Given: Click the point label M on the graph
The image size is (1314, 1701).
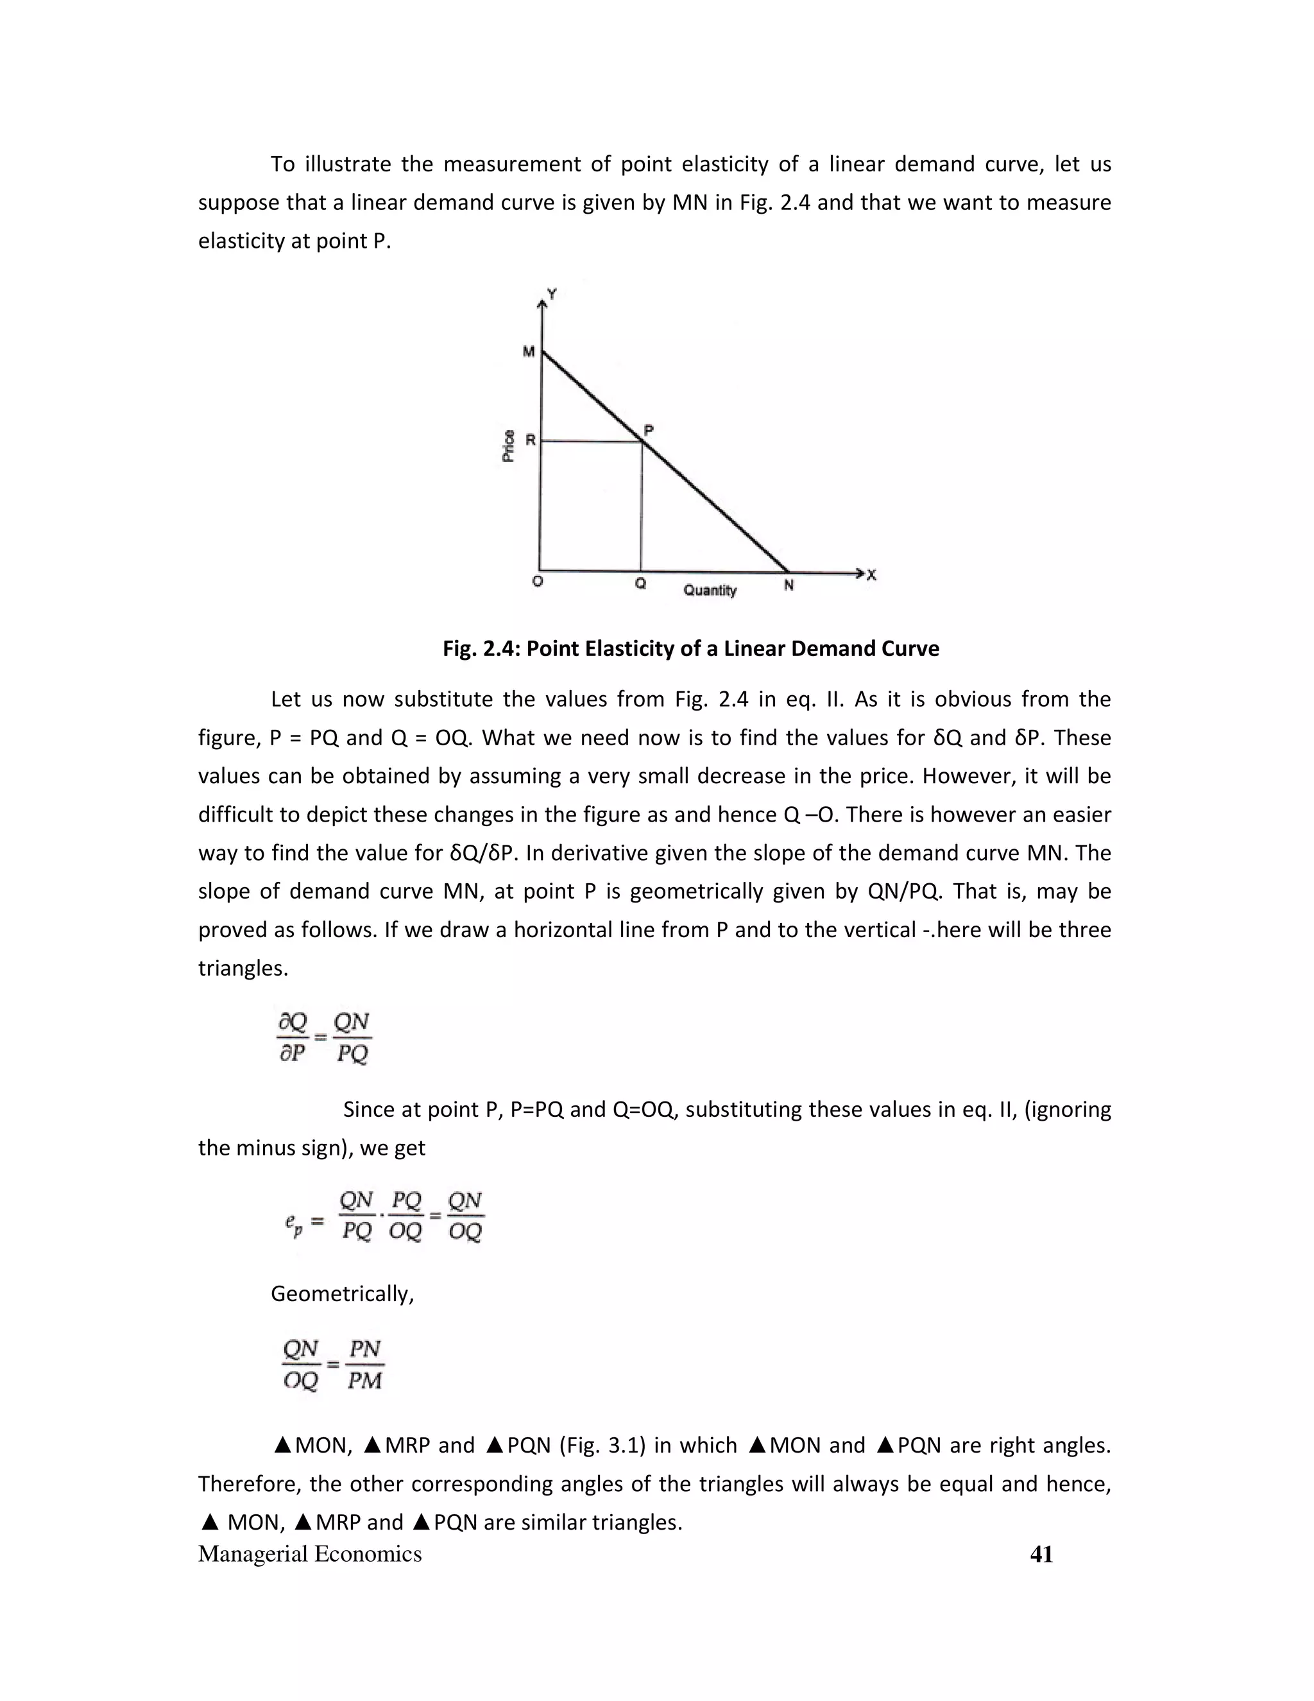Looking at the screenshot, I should coord(529,352).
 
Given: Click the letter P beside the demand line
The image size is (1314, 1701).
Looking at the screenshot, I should coord(649,430).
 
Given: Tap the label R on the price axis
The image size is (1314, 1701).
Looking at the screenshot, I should coord(530,440).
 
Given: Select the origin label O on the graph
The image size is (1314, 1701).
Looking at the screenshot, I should coord(537,582).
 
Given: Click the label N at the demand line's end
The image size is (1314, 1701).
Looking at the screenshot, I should coord(789,585).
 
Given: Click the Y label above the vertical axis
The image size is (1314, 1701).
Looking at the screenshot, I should coord(552,293).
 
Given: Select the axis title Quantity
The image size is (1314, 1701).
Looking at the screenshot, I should coord(710,591).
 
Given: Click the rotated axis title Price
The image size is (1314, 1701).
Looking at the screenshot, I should coord(508,445).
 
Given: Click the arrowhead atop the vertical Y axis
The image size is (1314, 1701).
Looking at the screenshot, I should coord(542,302).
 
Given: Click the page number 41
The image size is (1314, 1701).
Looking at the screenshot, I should coord(1041,1554).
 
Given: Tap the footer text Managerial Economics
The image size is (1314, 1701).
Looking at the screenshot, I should coord(310,1554).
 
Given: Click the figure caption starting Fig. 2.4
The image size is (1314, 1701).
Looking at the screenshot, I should coord(690,649).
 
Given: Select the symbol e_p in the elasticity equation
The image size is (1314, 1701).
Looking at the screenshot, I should coord(293,1223).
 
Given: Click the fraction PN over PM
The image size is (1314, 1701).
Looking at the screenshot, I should coord(364,1365).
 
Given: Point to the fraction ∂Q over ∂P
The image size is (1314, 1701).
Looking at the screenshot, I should coord(293,1037).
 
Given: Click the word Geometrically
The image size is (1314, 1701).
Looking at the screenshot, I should coord(342,1293).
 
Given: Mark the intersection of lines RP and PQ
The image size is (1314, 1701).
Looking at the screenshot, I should coord(642,442).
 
